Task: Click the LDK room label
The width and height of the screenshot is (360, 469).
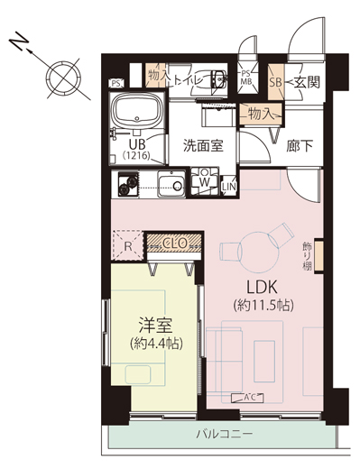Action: pos(262,287)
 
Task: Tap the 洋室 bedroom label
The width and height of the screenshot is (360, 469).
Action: pos(155,325)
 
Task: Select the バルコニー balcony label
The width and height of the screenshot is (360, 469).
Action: pos(225,434)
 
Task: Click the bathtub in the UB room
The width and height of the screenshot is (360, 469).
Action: pos(137,110)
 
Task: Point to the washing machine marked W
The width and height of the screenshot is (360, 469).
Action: pos(205,181)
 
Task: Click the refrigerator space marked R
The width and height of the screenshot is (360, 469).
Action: pos(128,245)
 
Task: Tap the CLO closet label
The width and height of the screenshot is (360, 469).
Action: pos(174,243)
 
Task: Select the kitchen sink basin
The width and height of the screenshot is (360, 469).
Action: pos(171,184)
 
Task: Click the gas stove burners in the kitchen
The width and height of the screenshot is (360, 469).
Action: pos(128,184)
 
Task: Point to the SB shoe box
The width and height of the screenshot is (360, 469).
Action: pos(275,82)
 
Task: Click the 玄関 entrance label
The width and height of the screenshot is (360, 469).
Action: pos(307,82)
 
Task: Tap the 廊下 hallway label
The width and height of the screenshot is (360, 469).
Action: pos(300,146)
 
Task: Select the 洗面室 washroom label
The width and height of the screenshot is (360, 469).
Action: pos(203,146)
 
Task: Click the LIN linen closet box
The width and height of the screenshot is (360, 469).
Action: pos(229,187)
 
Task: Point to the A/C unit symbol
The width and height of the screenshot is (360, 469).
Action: pos(247,398)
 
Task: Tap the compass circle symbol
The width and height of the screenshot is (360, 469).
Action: pos(63,78)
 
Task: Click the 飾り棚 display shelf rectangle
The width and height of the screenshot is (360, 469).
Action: pos(319,256)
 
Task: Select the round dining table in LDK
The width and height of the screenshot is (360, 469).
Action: pos(260,252)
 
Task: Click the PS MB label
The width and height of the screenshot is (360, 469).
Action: pos(246,78)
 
